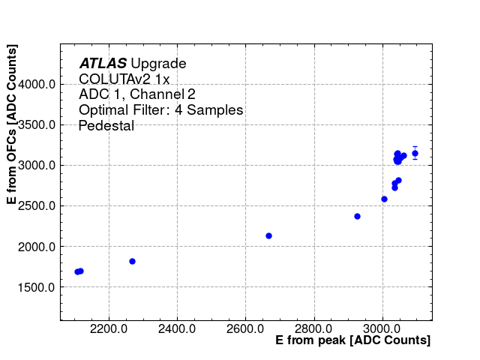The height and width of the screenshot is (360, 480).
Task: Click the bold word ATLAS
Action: pyautogui.click(x=103, y=64)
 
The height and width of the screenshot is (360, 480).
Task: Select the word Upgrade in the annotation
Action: pyautogui.click(x=158, y=64)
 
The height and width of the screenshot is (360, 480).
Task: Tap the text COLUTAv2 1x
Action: pyautogui.click(x=124, y=79)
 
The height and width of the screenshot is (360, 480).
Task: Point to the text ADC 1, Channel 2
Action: pyautogui.click(x=137, y=94)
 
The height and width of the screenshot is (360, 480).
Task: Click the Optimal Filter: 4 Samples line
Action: pyautogui.click(x=160, y=110)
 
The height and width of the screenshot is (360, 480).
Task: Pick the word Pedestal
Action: pyautogui.click(x=106, y=126)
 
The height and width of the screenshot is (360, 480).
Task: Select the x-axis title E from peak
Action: pyautogui.click(x=352, y=340)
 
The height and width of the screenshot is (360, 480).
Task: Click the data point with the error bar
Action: pyautogui.click(x=415, y=153)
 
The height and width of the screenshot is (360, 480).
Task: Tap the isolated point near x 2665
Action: pyautogui.click(x=268, y=235)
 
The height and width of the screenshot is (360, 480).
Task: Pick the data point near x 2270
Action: pyautogui.click(x=132, y=261)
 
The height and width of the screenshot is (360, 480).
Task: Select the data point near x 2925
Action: pyautogui.click(x=357, y=216)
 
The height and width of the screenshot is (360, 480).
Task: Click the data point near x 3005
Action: pyautogui.click(x=384, y=199)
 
